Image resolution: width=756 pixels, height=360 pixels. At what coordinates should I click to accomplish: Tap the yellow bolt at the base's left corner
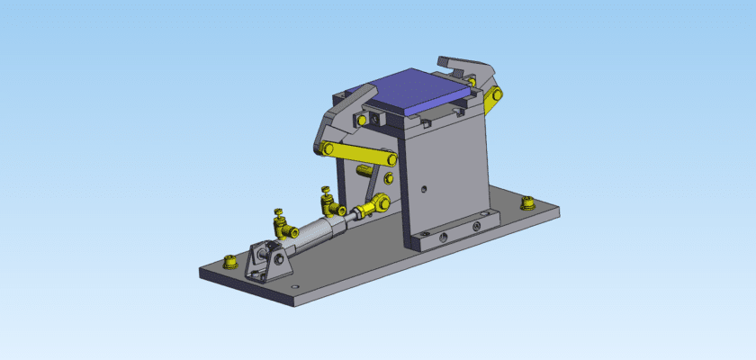(x=229, y=262)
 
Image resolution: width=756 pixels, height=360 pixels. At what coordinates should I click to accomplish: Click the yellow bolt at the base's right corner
(x=528, y=203)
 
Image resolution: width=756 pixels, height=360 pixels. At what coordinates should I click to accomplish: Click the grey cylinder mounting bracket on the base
(x=265, y=262)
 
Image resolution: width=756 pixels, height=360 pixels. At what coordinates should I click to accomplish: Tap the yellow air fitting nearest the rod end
(x=329, y=200)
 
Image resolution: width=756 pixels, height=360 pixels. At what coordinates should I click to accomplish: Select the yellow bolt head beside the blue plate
(x=362, y=119)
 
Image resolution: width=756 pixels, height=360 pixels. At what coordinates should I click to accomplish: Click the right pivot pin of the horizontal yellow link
(x=392, y=160)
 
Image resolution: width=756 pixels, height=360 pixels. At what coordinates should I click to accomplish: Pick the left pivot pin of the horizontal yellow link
(x=327, y=149)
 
